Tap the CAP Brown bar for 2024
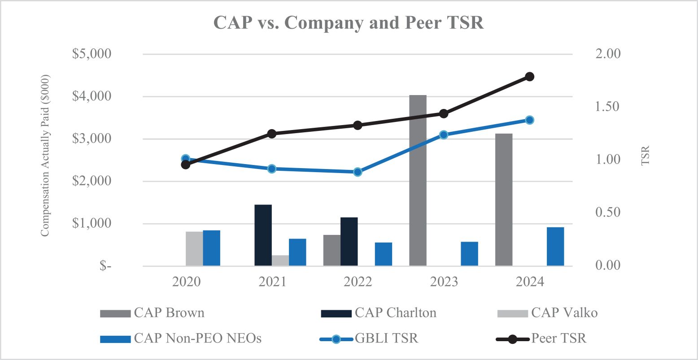click(x=504, y=200)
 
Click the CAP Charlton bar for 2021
click(x=263, y=235)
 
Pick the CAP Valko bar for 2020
click(x=194, y=249)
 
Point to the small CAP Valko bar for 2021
click(x=280, y=260)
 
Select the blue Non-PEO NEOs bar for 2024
click(x=555, y=247)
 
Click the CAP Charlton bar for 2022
click(x=349, y=242)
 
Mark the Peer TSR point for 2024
click(x=529, y=77)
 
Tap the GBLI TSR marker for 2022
click(x=358, y=172)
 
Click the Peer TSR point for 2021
click(x=271, y=134)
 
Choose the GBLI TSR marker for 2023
click(x=444, y=134)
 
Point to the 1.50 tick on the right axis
click(x=607, y=107)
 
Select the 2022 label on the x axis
click(x=358, y=282)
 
